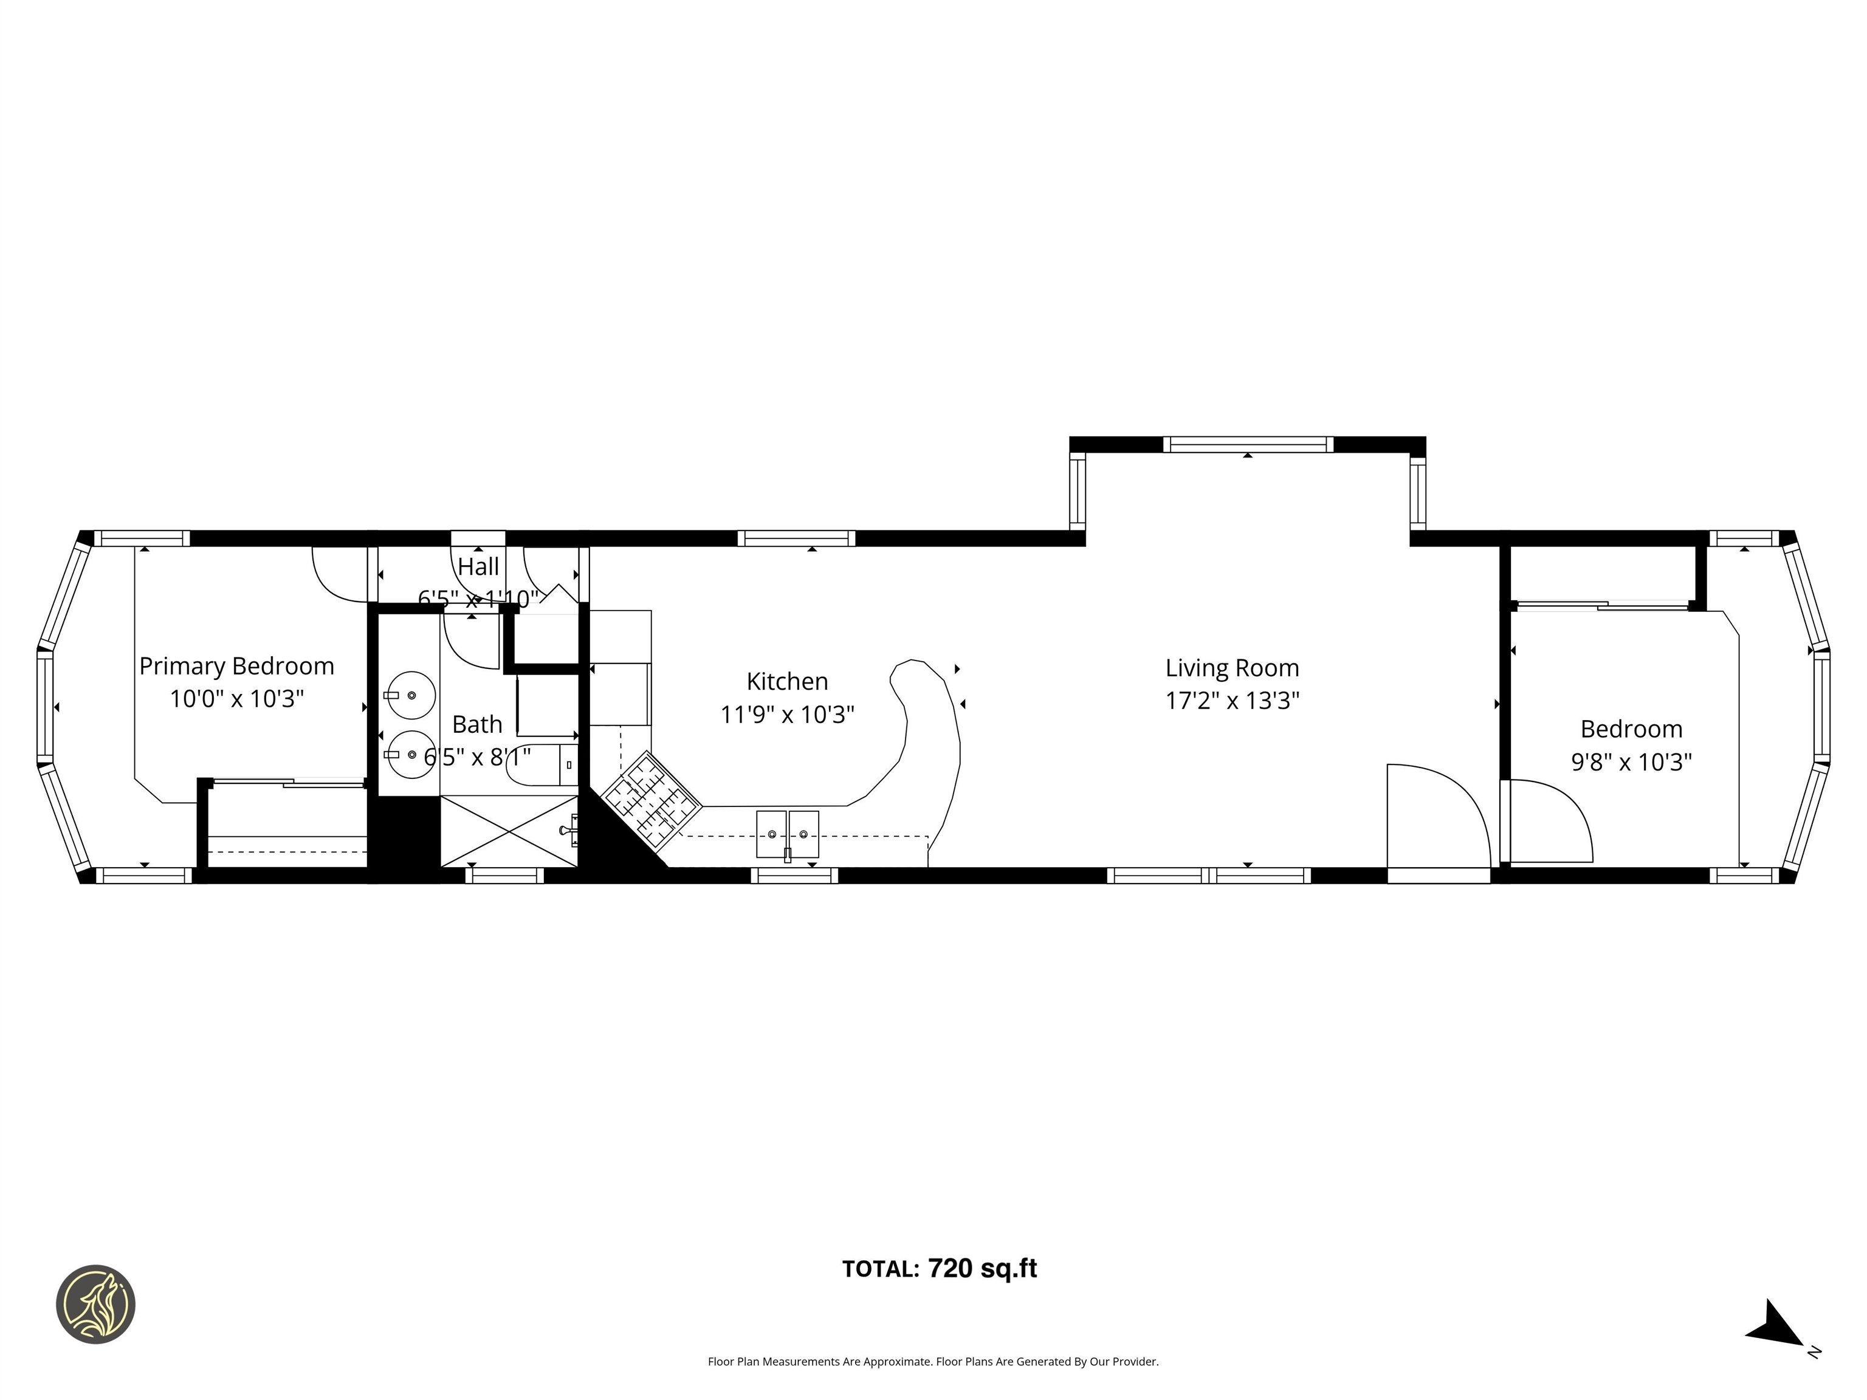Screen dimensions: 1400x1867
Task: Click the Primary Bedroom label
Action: tap(236, 666)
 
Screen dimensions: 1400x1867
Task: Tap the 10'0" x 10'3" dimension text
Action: tap(236, 699)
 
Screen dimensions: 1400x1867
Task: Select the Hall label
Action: tap(478, 566)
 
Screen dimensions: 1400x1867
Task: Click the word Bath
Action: tap(477, 724)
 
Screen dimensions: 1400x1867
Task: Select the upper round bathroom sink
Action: tap(410, 695)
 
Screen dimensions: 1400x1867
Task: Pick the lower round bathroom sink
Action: tap(410, 753)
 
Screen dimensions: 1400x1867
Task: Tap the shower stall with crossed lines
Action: tap(509, 831)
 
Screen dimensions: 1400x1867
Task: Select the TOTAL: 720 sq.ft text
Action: tap(940, 1268)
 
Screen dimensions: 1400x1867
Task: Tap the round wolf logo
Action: tap(95, 1304)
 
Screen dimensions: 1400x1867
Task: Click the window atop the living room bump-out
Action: tap(1248, 445)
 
